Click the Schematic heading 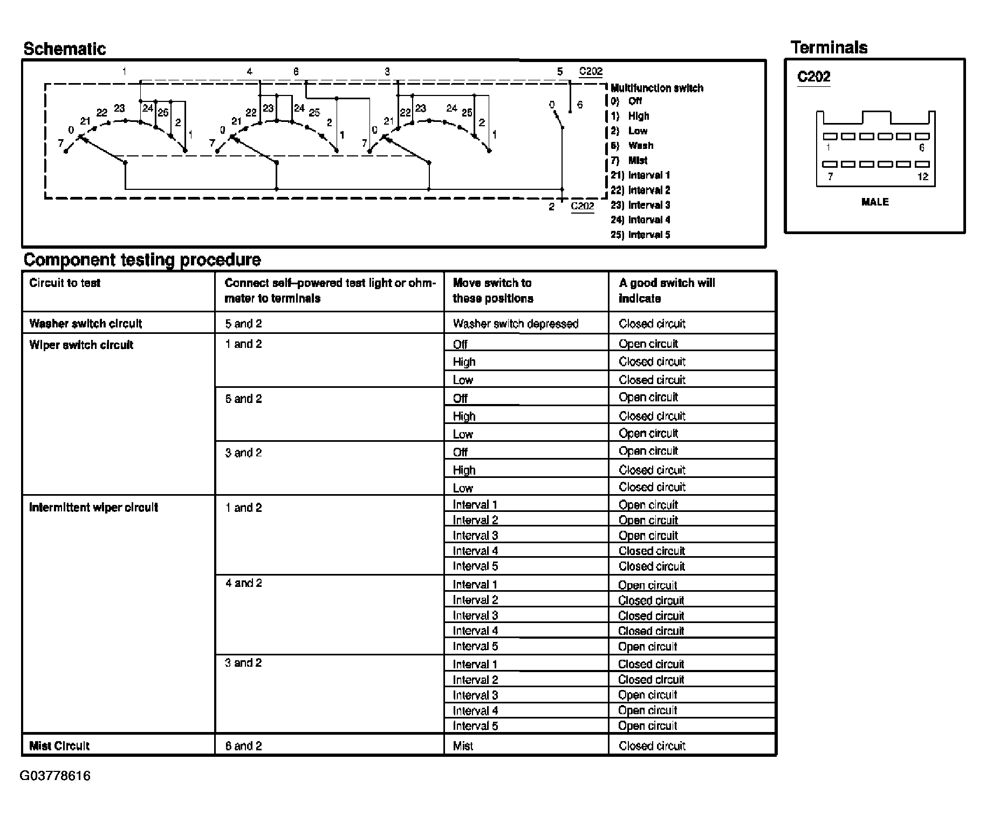tap(64, 49)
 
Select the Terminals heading tap(828, 47)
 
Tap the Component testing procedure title tap(142, 259)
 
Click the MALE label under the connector tap(875, 202)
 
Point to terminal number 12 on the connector tap(922, 176)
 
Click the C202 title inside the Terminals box tap(813, 77)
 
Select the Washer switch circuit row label tap(85, 324)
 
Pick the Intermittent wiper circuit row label tap(93, 508)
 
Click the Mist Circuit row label tap(59, 746)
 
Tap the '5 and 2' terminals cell tap(243, 324)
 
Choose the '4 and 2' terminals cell tap(243, 583)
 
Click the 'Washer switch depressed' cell tap(515, 324)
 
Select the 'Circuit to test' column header tap(65, 283)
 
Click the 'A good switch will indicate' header tap(667, 291)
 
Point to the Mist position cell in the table tap(463, 746)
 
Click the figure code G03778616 tap(55, 776)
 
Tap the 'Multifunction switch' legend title tap(656, 88)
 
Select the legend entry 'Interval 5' tap(641, 235)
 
